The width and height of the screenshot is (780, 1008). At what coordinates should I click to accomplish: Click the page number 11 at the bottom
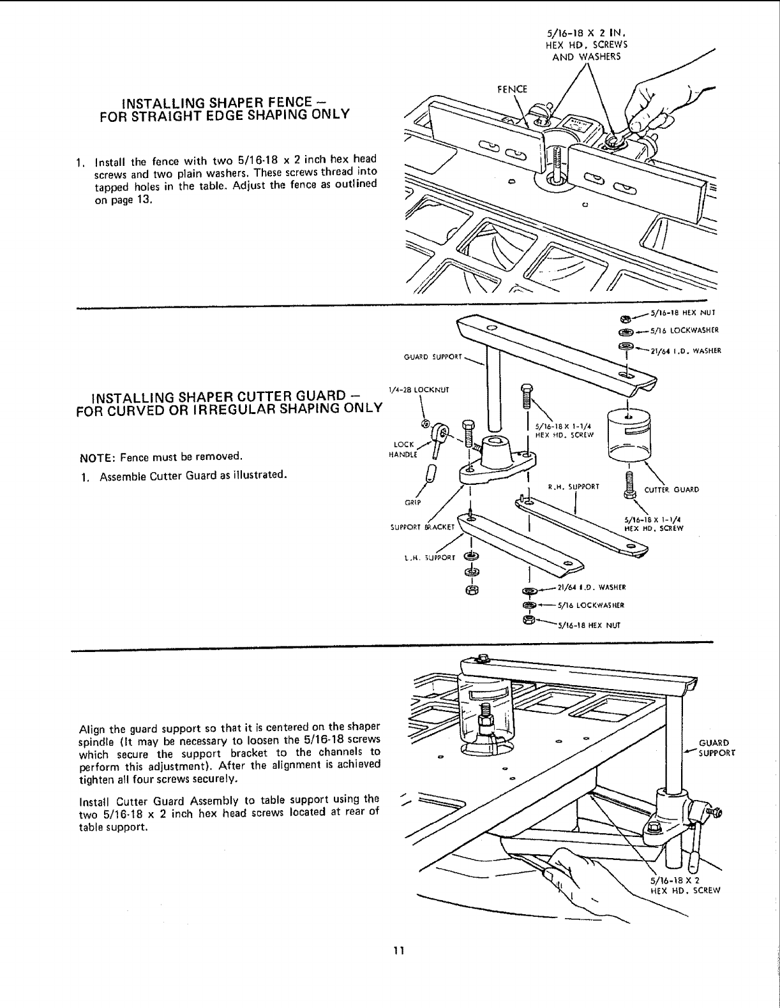(399, 950)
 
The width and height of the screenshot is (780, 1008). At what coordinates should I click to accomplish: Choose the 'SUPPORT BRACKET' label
(421, 528)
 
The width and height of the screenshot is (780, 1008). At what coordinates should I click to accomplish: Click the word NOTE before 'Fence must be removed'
(92, 457)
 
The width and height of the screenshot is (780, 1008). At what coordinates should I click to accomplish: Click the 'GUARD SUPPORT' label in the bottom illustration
(717, 748)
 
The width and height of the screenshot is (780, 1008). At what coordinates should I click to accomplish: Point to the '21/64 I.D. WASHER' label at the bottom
(590, 588)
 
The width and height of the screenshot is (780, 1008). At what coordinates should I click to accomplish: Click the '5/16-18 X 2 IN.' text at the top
(589, 34)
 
